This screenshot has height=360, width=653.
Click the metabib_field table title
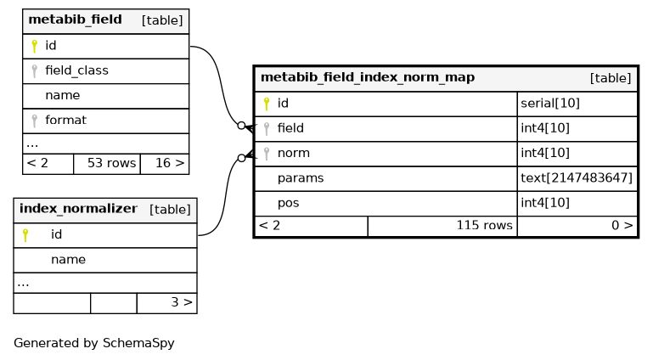(x=75, y=20)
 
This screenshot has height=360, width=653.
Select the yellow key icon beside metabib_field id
(x=35, y=46)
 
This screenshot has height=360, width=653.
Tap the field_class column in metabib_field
(x=76, y=70)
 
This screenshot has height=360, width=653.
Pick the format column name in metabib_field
(x=65, y=121)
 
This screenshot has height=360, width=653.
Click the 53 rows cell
(x=107, y=163)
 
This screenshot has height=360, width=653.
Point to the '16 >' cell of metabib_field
(x=165, y=163)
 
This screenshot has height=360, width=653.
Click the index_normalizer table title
(x=78, y=209)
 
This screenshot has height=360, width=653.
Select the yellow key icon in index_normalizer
(x=25, y=235)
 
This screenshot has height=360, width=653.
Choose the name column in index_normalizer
(x=68, y=260)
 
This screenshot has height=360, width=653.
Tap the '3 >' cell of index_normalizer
(x=167, y=302)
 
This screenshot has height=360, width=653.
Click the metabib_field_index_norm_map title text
(x=368, y=77)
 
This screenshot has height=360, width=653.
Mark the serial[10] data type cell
(x=549, y=104)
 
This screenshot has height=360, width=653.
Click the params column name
(x=301, y=178)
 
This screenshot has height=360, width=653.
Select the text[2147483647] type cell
(x=577, y=178)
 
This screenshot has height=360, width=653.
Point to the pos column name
(x=288, y=203)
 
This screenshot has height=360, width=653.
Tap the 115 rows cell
(x=442, y=226)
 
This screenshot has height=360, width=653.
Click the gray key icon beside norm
(x=267, y=154)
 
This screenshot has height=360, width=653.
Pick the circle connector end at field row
(x=241, y=126)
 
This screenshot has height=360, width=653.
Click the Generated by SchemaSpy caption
(x=94, y=343)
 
